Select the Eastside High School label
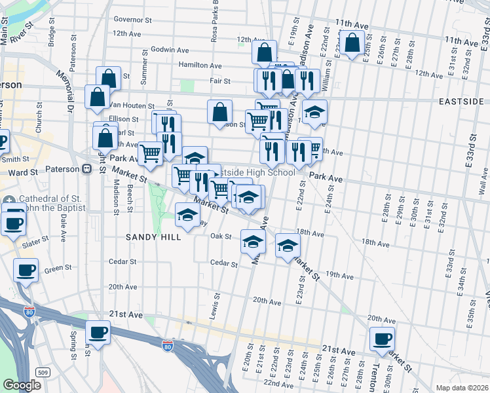254,172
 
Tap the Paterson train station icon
86,169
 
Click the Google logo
22,384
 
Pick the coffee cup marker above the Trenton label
382,338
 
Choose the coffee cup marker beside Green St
26,269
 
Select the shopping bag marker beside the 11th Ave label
352,43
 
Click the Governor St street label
132,20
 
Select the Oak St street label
221,236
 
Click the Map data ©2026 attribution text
462,386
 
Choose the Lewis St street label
214,303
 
